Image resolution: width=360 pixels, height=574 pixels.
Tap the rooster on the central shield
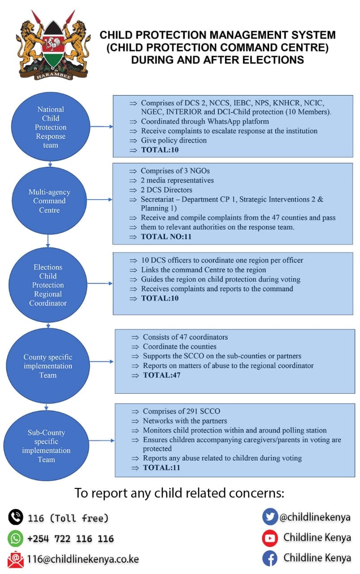54,43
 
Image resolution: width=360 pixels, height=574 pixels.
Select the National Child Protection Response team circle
51,126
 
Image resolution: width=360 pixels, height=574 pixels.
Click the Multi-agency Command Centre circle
49,200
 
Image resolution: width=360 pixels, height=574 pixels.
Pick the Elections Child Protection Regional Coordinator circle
48,285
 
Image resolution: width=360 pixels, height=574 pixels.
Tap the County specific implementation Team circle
48,365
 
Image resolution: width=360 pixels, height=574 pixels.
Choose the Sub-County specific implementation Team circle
46,446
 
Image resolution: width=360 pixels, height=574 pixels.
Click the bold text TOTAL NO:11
166,236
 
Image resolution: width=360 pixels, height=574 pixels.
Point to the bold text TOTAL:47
162,375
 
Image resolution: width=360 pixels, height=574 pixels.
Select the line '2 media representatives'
177,180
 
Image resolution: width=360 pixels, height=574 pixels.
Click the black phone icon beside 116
16,517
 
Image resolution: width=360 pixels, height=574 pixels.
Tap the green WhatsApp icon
15,538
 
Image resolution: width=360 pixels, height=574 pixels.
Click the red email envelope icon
16,559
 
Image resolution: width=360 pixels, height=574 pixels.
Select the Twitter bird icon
270,517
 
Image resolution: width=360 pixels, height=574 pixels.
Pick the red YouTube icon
270,538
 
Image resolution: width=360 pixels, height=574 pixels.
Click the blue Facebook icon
270,558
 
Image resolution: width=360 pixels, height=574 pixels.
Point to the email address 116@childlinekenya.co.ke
83,559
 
